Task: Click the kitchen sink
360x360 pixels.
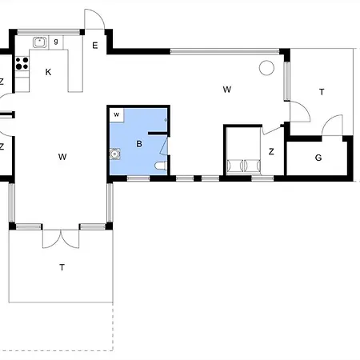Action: (x=40, y=42)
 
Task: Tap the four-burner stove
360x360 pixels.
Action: (x=22, y=63)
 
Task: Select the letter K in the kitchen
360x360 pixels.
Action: (x=48, y=72)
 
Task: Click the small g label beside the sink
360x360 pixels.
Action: (x=56, y=42)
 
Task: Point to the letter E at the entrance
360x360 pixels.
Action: (x=95, y=46)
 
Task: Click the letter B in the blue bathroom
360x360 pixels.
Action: (x=139, y=144)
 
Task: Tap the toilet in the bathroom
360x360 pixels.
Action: (x=161, y=166)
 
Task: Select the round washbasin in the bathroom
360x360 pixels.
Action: (x=114, y=154)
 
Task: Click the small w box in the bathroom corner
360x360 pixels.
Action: (x=117, y=115)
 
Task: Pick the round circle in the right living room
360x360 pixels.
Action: (x=266, y=68)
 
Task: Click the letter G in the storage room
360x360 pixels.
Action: (x=318, y=158)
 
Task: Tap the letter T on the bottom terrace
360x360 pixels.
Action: (x=62, y=267)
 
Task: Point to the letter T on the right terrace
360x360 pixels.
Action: (x=322, y=92)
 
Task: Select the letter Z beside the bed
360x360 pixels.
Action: (x=271, y=152)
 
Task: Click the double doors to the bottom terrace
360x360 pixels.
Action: (x=61, y=238)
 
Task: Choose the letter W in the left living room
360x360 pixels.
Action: (x=62, y=157)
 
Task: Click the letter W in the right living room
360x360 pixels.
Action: (x=227, y=90)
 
